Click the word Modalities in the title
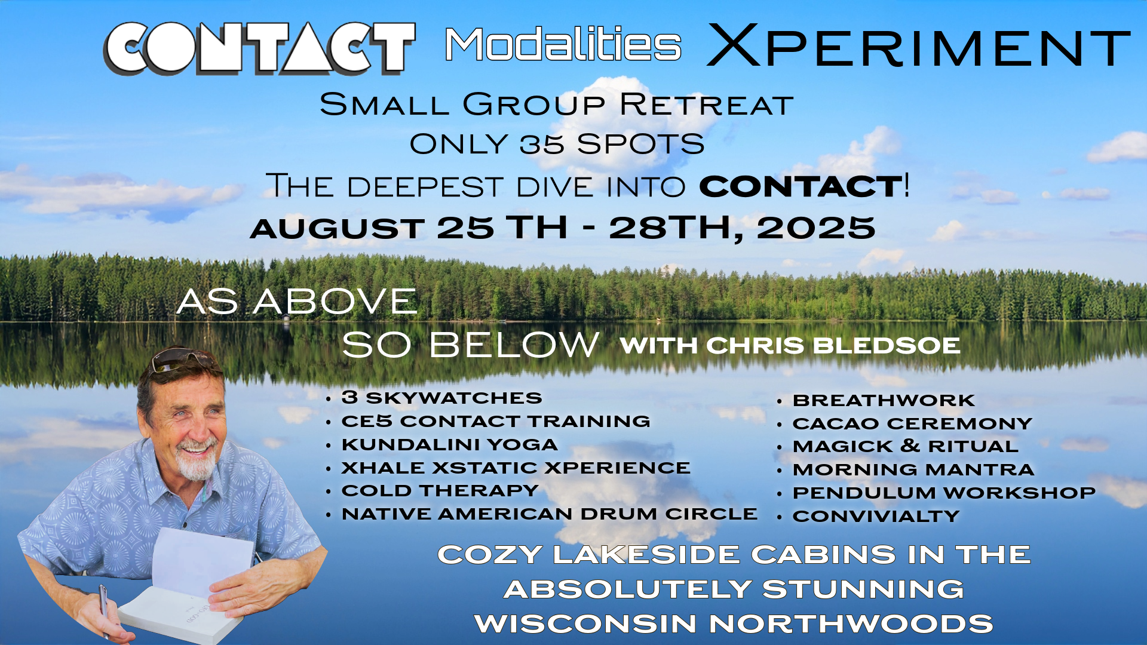click(563, 44)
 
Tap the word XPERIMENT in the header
click(918, 45)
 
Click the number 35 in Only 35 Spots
click(541, 144)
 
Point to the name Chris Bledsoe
click(833, 346)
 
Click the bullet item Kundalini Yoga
click(449, 444)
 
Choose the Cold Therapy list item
click(440, 490)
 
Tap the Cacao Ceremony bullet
click(912, 423)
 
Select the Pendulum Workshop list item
click(944, 493)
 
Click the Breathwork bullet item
click(884, 400)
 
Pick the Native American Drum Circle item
click(549, 514)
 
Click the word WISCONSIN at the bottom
click(585, 624)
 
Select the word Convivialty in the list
click(876, 516)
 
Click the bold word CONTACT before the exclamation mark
click(801, 186)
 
